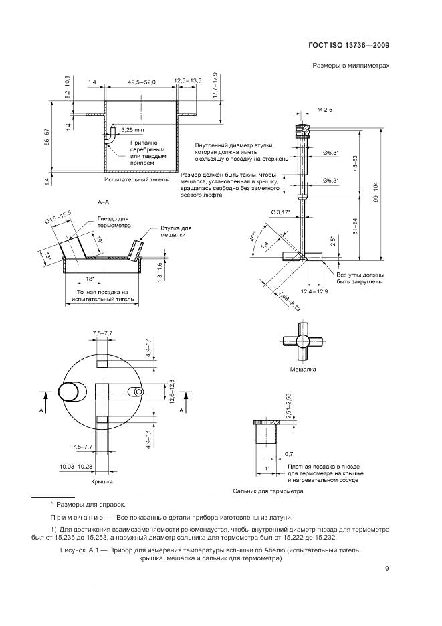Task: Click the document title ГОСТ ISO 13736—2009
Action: coord(349,46)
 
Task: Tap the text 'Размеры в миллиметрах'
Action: coord(350,66)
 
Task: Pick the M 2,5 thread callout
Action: coord(325,108)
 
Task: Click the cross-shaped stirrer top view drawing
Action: coord(302,341)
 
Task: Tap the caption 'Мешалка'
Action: coord(302,369)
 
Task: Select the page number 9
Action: coord(387,569)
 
